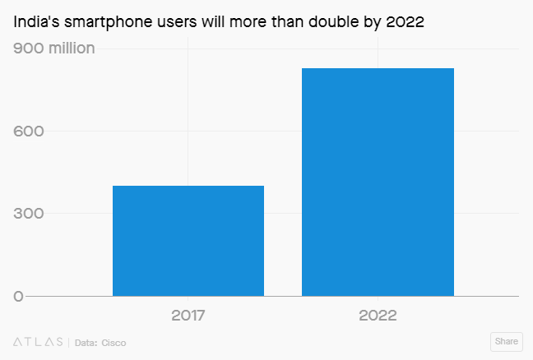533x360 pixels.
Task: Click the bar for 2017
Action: pyautogui.click(x=188, y=241)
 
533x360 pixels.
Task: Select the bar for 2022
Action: pyautogui.click(x=378, y=182)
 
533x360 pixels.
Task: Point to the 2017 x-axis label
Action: pyautogui.click(x=188, y=316)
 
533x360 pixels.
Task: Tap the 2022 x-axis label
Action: pyautogui.click(x=378, y=316)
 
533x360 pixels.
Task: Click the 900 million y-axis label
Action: pyautogui.click(x=54, y=48)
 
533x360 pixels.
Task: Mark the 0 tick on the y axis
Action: pyautogui.click(x=18, y=296)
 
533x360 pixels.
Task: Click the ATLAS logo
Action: pyautogui.click(x=38, y=341)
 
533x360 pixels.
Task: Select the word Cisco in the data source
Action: pyautogui.click(x=114, y=341)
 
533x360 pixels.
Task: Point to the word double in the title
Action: pyautogui.click(x=335, y=22)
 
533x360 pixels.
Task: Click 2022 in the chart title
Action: pyautogui.click(x=405, y=22)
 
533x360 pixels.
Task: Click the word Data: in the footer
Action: pyautogui.click(x=86, y=341)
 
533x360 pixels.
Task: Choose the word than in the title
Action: pyautogui.click(x=286, y=22)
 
